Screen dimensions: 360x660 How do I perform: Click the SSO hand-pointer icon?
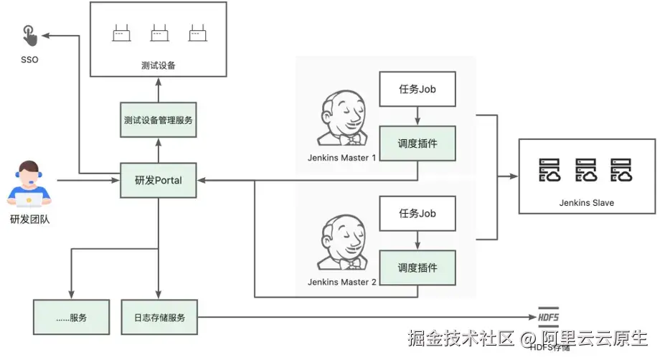pos(28,34)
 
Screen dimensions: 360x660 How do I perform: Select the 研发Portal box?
pos(158,180)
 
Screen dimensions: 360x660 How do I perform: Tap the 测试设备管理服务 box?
pos(158,120)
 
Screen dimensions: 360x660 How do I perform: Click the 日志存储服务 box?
pos(159,317)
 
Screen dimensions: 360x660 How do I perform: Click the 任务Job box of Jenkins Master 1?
pos(418,90)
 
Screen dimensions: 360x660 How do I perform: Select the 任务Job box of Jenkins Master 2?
pos(418,213)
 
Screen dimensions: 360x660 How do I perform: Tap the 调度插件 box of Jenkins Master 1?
pos(418,143)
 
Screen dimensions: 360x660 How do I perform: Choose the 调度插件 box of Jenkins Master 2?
pos(418,267)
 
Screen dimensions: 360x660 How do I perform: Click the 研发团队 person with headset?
pos(29,184)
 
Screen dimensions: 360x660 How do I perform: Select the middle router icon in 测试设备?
pos(159,33)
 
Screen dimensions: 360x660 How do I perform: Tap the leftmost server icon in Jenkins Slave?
pos(551,171)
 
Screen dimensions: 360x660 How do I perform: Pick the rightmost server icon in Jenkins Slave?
pos(621,171)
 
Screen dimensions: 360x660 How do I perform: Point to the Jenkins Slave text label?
pos(586,203)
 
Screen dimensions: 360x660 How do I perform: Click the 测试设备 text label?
pos(158,65)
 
